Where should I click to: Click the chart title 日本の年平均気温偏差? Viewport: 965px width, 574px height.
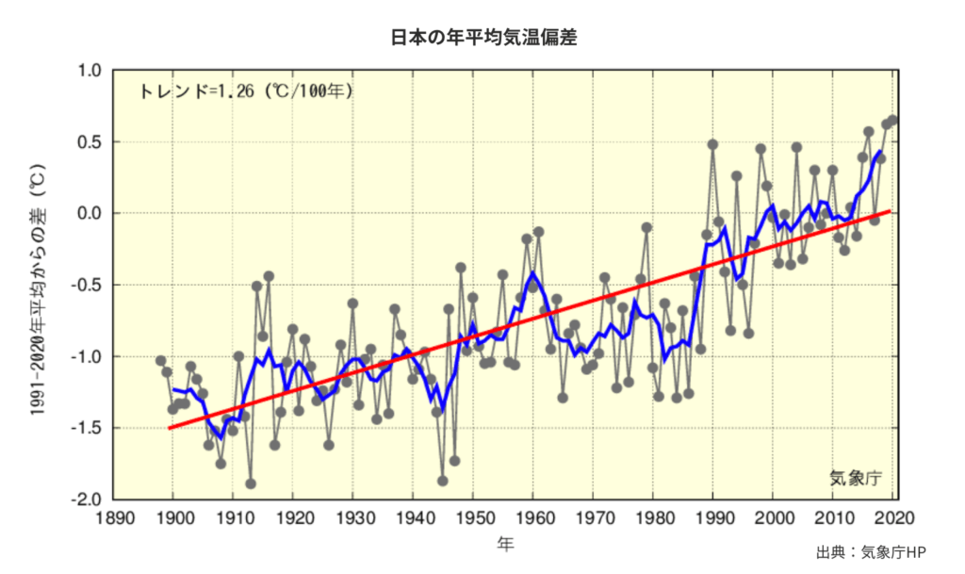pos(483,39)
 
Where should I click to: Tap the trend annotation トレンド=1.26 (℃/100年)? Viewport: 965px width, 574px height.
pos(246,91)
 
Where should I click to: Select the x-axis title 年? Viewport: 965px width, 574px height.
pos(506,544)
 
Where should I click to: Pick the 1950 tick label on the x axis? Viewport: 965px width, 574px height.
pos(473,517)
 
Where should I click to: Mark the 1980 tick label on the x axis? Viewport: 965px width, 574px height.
pos(653,517)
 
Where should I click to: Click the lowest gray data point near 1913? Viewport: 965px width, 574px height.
pos(251,484)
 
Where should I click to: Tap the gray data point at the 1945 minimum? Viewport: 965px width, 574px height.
pos(443,481)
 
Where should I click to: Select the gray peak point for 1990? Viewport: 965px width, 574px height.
pos(712,144)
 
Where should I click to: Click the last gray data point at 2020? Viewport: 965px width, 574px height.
pos(892,121)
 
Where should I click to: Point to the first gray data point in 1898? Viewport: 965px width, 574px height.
pos(161,361)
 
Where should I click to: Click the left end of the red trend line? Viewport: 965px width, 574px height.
pos(172,428)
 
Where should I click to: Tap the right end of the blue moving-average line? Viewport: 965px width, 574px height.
pos(880,152)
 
